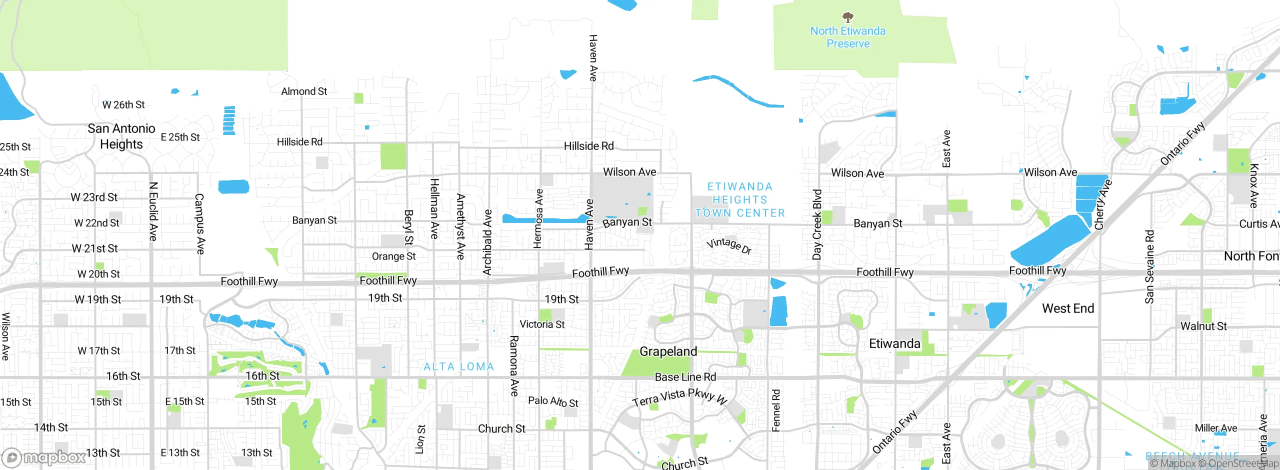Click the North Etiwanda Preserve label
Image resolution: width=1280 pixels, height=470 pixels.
[847, 37]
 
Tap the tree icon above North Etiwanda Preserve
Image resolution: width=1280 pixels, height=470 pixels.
[847, 18]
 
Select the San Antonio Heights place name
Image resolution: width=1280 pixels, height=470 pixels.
[121, 136]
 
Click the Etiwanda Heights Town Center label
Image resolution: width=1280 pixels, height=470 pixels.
[740, 200]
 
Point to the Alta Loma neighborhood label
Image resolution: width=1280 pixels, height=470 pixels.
[458, 366]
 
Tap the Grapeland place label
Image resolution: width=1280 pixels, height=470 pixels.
[668, 351]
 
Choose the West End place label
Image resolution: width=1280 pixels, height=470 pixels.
[1068, 308]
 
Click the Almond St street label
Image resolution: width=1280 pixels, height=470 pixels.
[304, 91]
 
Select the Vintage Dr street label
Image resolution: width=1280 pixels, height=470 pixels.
[729, 245]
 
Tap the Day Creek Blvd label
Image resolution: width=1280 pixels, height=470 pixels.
[817, 224]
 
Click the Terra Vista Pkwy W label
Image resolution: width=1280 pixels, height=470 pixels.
[679, 397]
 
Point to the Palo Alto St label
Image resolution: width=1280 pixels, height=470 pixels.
[553, 401]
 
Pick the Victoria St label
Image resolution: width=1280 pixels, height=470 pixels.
[542, 324]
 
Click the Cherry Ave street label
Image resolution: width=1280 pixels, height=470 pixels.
[1102, 204]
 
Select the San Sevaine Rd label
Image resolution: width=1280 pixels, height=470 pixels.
[1149, 267]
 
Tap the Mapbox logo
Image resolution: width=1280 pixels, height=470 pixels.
[44, 457]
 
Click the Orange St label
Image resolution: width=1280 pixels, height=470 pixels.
[393, 256]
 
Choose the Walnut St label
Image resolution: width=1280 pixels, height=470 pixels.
[1203, 326]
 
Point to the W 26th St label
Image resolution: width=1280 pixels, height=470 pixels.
[123, 105]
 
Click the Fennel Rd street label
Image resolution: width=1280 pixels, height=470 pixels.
[775, 410]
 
